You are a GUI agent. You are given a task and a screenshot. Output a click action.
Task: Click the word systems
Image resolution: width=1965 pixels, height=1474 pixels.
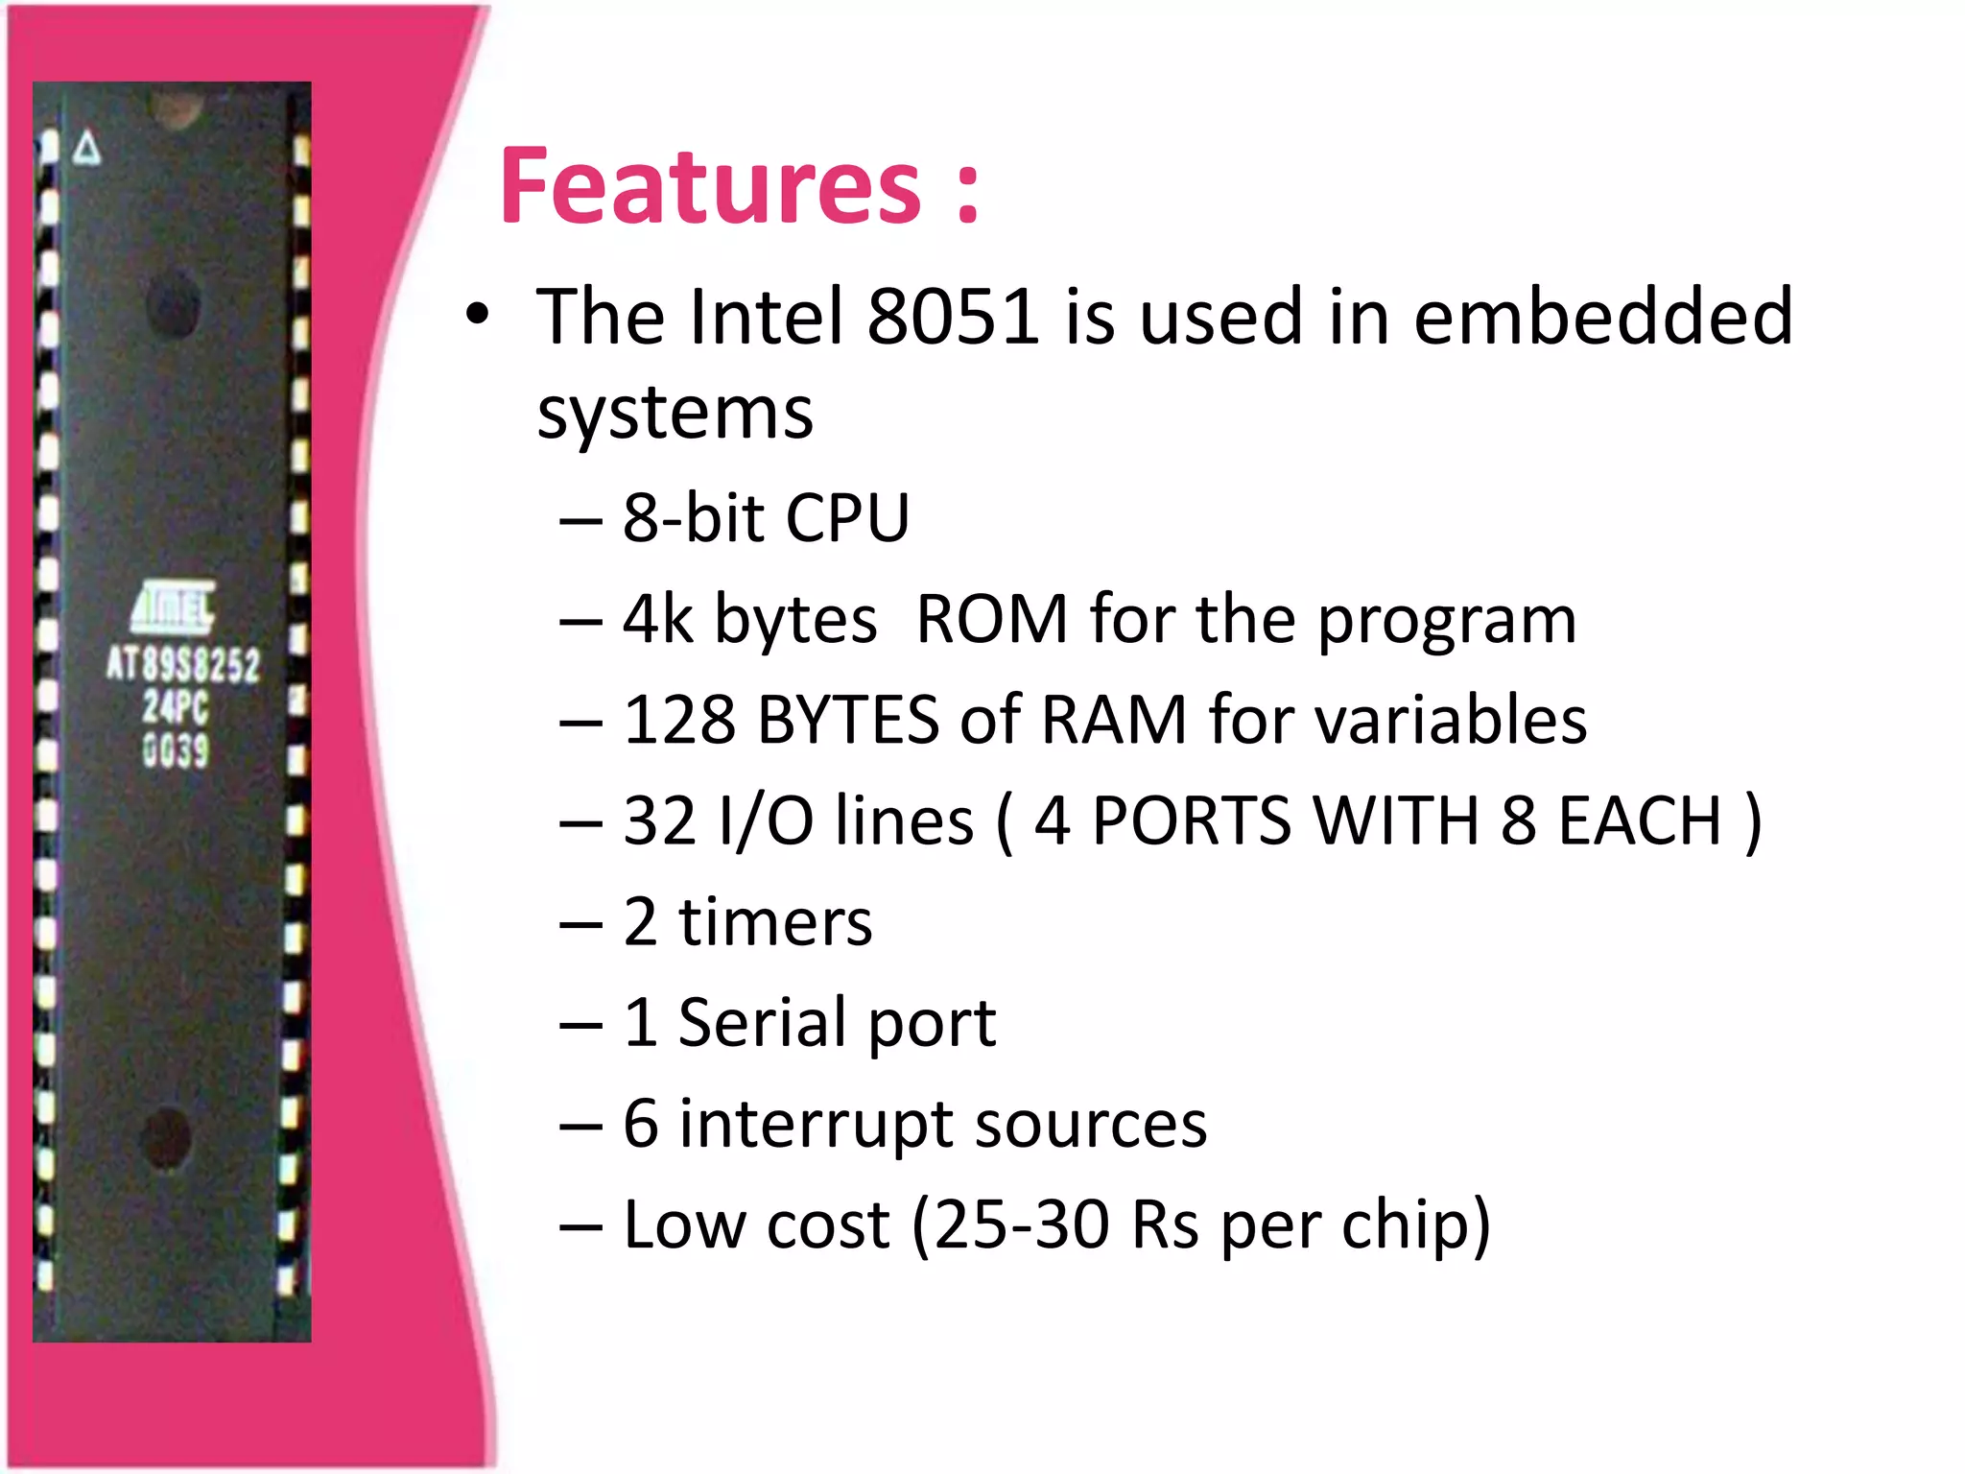click(675, 415)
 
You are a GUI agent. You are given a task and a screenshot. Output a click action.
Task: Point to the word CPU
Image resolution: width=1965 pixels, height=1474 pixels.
click(846, 518)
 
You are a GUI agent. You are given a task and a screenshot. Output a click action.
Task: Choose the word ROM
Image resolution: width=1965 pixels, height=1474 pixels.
click(992, 619)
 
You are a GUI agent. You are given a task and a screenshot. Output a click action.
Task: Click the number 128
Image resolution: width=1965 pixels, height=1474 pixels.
click(679, 720)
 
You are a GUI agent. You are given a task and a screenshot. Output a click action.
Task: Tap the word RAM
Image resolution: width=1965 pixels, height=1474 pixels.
click(1114, 720)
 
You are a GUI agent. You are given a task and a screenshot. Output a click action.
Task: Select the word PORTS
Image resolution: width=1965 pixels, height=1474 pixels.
click(1191, 821)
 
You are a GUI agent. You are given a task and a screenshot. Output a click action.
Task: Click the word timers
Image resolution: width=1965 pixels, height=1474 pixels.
click(775, 922)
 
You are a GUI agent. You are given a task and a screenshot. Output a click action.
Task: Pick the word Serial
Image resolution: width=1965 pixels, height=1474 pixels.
click(763, 1023)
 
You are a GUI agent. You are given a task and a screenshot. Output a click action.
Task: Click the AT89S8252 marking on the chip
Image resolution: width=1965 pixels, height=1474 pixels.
click(182, 664)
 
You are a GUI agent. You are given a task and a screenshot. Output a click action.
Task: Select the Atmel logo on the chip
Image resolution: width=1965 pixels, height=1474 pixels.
click(174, 606)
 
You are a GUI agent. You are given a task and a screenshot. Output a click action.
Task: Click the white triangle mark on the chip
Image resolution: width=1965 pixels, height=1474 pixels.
click(87, 149)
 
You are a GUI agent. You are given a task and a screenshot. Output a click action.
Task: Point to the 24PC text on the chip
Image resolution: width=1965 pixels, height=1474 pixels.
click(176, 708)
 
